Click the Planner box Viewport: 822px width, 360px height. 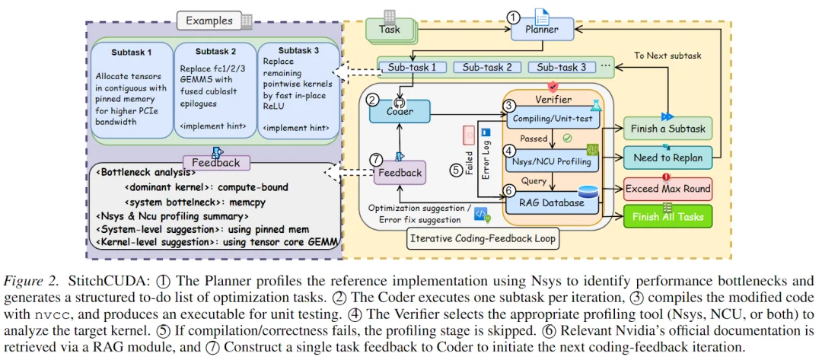[x=541, y=30]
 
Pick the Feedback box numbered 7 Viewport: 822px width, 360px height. [x=398, y=173]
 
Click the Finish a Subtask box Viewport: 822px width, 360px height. [x=667, y=128]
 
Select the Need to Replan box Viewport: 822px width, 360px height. [x=667, y=158]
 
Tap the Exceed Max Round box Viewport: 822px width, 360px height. [x=667, y=188]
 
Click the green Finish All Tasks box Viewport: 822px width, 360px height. [x=667, y=216]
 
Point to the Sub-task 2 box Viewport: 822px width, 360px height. [x=487, y=67]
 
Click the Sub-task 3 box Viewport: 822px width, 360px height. [x=556, y=67]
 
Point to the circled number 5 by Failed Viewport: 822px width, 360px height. [x=455, y=170]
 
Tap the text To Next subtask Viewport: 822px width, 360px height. [x=667, y=56]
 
